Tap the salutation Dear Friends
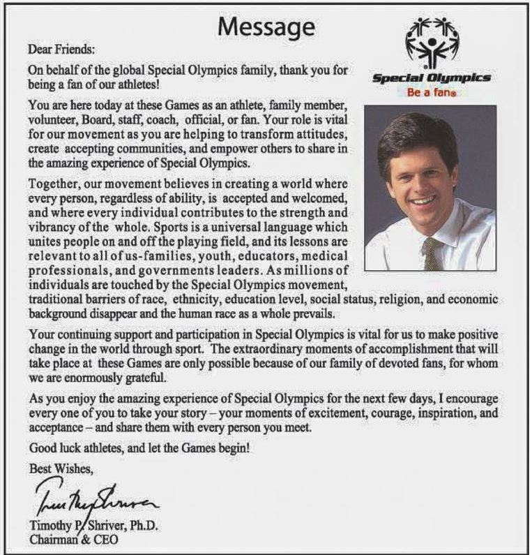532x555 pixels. point(61,50)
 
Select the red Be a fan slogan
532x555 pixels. point(431,92)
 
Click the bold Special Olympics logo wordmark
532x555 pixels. point(431,78)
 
